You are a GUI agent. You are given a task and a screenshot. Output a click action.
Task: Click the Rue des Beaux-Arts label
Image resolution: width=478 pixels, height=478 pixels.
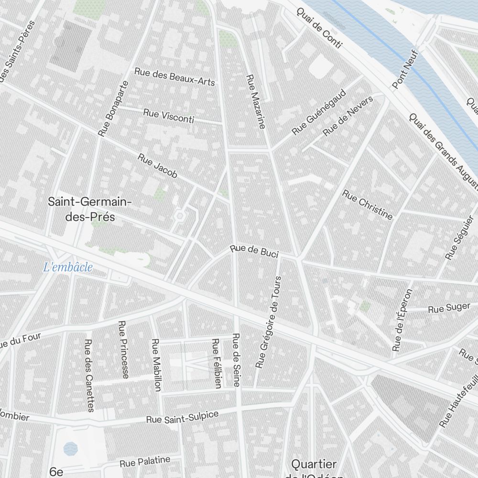(x=174, y=76)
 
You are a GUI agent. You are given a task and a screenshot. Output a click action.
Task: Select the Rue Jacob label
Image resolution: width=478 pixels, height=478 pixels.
(x=158, y=165)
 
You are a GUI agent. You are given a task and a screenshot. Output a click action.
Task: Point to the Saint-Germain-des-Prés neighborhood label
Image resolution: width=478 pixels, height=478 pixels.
(x=89, y=209)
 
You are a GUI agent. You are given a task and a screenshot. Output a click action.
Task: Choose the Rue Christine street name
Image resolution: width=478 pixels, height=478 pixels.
(x=368, y=205)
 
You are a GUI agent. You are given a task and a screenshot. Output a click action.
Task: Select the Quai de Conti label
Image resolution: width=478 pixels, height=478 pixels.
(x=319, y=28)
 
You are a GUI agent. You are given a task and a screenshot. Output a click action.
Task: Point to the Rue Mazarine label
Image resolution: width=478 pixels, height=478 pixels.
(x=255, y=101)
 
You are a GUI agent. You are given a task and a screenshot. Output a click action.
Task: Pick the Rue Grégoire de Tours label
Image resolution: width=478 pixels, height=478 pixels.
(x=268, y=322)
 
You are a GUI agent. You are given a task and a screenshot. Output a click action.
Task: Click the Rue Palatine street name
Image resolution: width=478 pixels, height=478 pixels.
(x=145, y=462)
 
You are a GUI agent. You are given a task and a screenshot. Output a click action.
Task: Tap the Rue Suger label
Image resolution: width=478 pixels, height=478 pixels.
(x=449, y=308)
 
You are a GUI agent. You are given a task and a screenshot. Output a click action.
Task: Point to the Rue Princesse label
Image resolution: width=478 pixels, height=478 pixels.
(x=123, y=349)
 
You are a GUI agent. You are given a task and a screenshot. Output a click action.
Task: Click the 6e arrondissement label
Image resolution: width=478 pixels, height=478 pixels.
(x=56, y=472)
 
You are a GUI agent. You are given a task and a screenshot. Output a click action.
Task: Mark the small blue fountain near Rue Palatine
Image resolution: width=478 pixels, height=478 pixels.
(x=71, y=448)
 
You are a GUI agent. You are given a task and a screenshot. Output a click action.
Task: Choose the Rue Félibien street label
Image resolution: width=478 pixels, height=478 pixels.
(x=217, y=363)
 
